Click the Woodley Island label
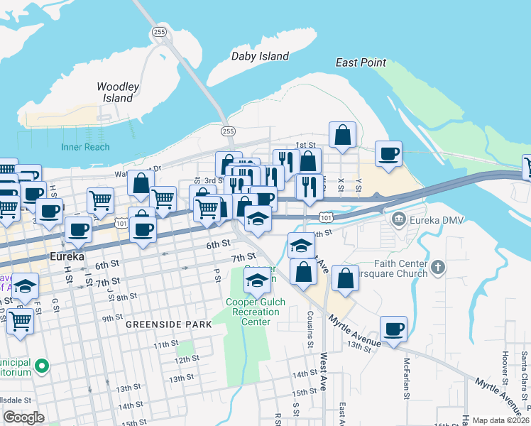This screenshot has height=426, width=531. click(x=118, y=92)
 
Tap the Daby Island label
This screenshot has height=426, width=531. click(x=261, y=56)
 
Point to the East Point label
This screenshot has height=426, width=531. click(x=361, y=62)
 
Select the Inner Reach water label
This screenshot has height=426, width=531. click(x=85, y=147)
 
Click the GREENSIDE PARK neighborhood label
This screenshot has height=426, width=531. click(x=169, y=324)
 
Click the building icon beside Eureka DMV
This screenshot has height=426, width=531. click(x=398, y=219)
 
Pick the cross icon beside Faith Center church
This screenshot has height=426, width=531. click(x=439, y=268)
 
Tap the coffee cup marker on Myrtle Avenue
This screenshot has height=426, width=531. click(x=393, y=329)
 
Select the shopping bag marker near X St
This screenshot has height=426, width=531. click(x=343, y=134)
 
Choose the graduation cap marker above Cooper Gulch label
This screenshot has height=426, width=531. click(x=257, y=280)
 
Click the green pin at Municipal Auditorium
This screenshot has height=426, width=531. click(x=42, y=366)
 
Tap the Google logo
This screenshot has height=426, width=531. click(x=23, y=417)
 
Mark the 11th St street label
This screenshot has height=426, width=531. click(x=165, y=344)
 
